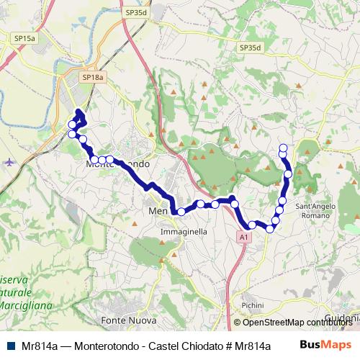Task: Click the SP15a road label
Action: (23, 37)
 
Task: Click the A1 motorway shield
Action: (244, 235)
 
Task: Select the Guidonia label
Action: (342, 317)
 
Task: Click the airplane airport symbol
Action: (9, 161)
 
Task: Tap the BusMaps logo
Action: (328, 344)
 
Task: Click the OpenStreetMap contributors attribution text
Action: (296, 323)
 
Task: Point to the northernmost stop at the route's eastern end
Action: (283, 148)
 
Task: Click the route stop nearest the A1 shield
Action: (252, 225)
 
